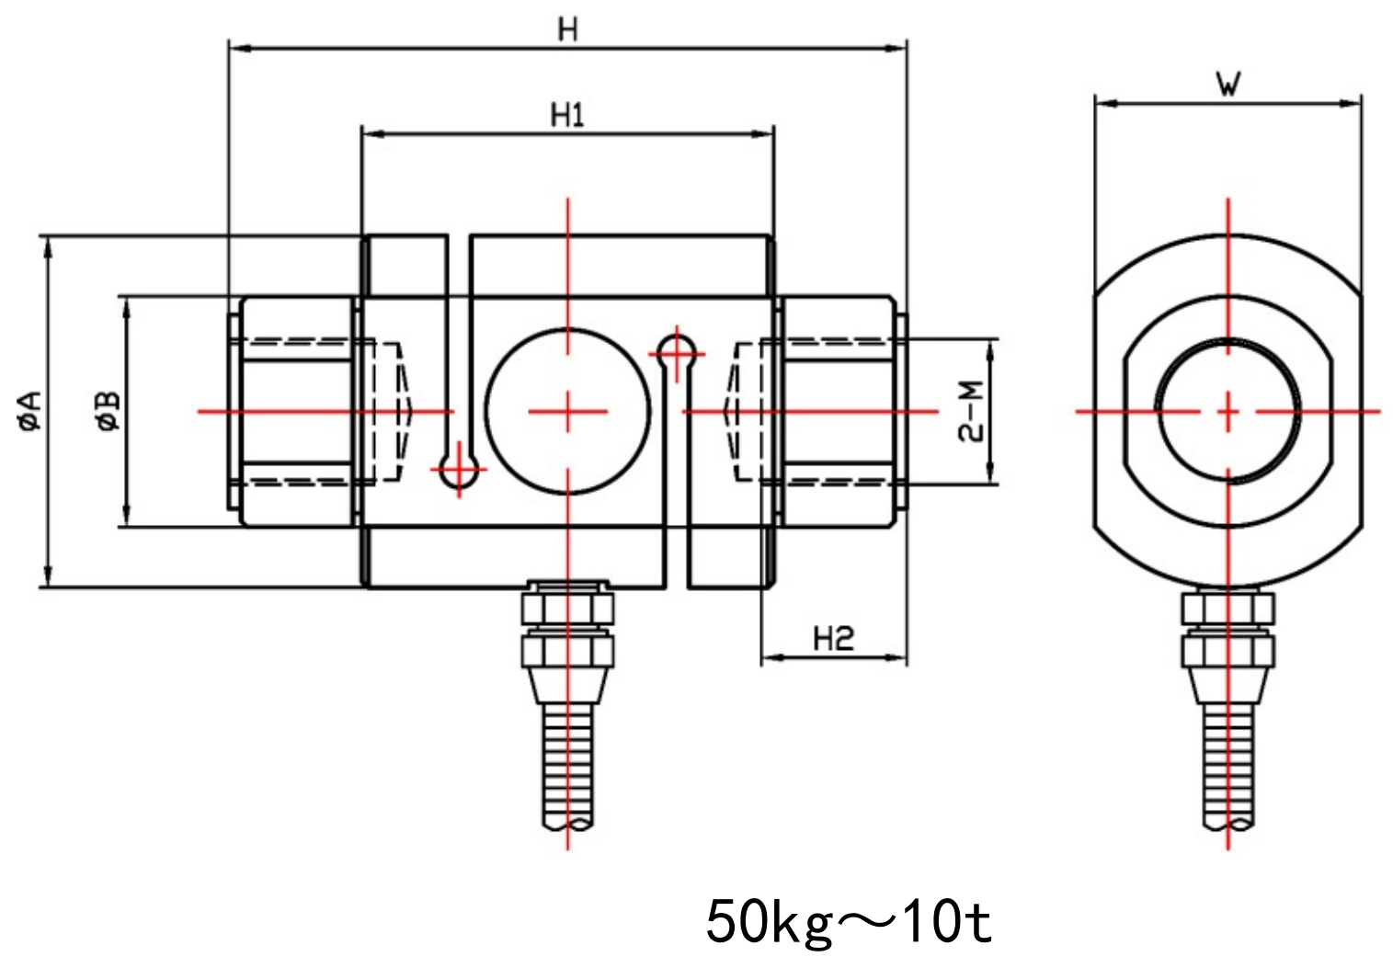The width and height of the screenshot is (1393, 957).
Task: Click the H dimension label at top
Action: (x=568, y=29)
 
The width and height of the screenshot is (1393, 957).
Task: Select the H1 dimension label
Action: (x=567, y=116)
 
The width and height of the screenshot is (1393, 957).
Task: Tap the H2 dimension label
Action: (x=833, y=638)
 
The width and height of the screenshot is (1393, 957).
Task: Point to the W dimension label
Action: (x=1228, y=85)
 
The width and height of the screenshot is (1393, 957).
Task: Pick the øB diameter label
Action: (x=108, y=411)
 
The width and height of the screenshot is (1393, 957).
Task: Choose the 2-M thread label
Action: (x=972, y=411)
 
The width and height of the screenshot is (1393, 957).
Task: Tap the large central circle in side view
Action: (x=567, y=410)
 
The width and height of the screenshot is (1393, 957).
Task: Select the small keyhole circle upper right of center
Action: (x=679, y=349)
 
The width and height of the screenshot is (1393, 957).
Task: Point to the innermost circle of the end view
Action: (x=1228, y=411)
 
